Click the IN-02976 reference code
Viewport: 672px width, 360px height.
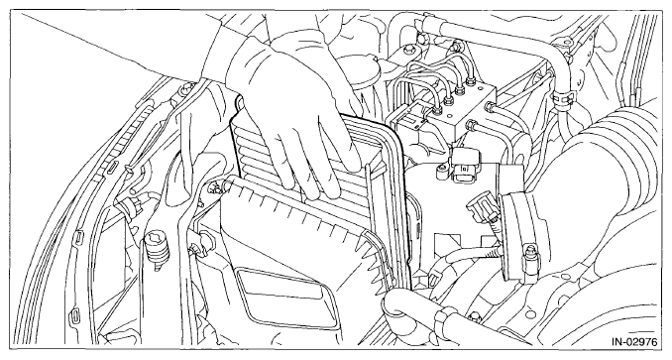[x=634, y=342]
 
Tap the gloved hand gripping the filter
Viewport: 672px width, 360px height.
[x=295, y=111]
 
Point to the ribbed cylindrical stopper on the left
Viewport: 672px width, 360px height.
[x=157, y=250]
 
